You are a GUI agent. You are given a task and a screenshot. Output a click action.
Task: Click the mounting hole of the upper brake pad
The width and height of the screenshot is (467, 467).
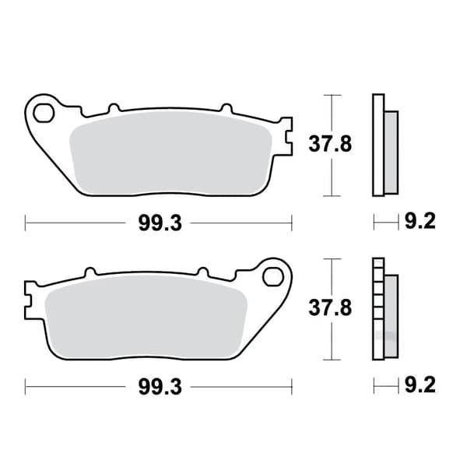[44, 113]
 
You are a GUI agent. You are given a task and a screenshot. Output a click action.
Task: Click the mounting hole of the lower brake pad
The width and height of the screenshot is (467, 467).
[273, 276]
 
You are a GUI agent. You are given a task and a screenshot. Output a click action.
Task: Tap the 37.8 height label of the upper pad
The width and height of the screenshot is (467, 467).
[330, 144]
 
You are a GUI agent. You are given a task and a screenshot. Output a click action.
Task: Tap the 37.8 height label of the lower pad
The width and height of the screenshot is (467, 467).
[330, 307]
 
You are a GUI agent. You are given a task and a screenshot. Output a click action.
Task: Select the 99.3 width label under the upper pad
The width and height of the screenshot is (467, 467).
[160, 223]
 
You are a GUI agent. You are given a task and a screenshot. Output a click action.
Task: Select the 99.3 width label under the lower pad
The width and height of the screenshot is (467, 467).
[160, 387]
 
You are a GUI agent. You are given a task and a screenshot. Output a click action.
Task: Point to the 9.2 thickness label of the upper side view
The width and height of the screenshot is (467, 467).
[420, 221]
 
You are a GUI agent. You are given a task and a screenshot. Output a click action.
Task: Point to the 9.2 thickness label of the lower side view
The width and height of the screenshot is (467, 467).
[420, 384]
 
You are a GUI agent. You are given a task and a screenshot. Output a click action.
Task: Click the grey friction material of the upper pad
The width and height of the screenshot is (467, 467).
[170, 153]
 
